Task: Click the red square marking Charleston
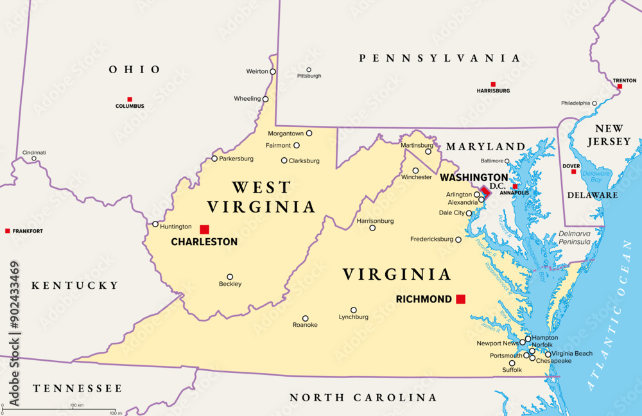point(204,229)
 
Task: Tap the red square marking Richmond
point(460,299)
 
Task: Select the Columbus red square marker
point(130,100)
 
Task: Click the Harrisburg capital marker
point(493,84)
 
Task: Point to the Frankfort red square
point(8,230)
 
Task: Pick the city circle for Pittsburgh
point(309,69)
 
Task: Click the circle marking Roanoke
point(306,318)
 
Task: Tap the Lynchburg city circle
point(354,309)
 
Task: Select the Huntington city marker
point(155,224)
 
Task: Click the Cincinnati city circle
point(34,159)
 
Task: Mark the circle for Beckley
point(230,277)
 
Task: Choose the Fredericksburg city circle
point(458,239)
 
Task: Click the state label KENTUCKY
point(75,285)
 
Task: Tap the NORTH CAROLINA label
point(363,397)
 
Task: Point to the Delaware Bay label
point(596,177)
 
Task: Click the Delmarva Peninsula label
point(575,238)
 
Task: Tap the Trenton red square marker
point(620,86)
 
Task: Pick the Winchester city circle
point(415,171)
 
